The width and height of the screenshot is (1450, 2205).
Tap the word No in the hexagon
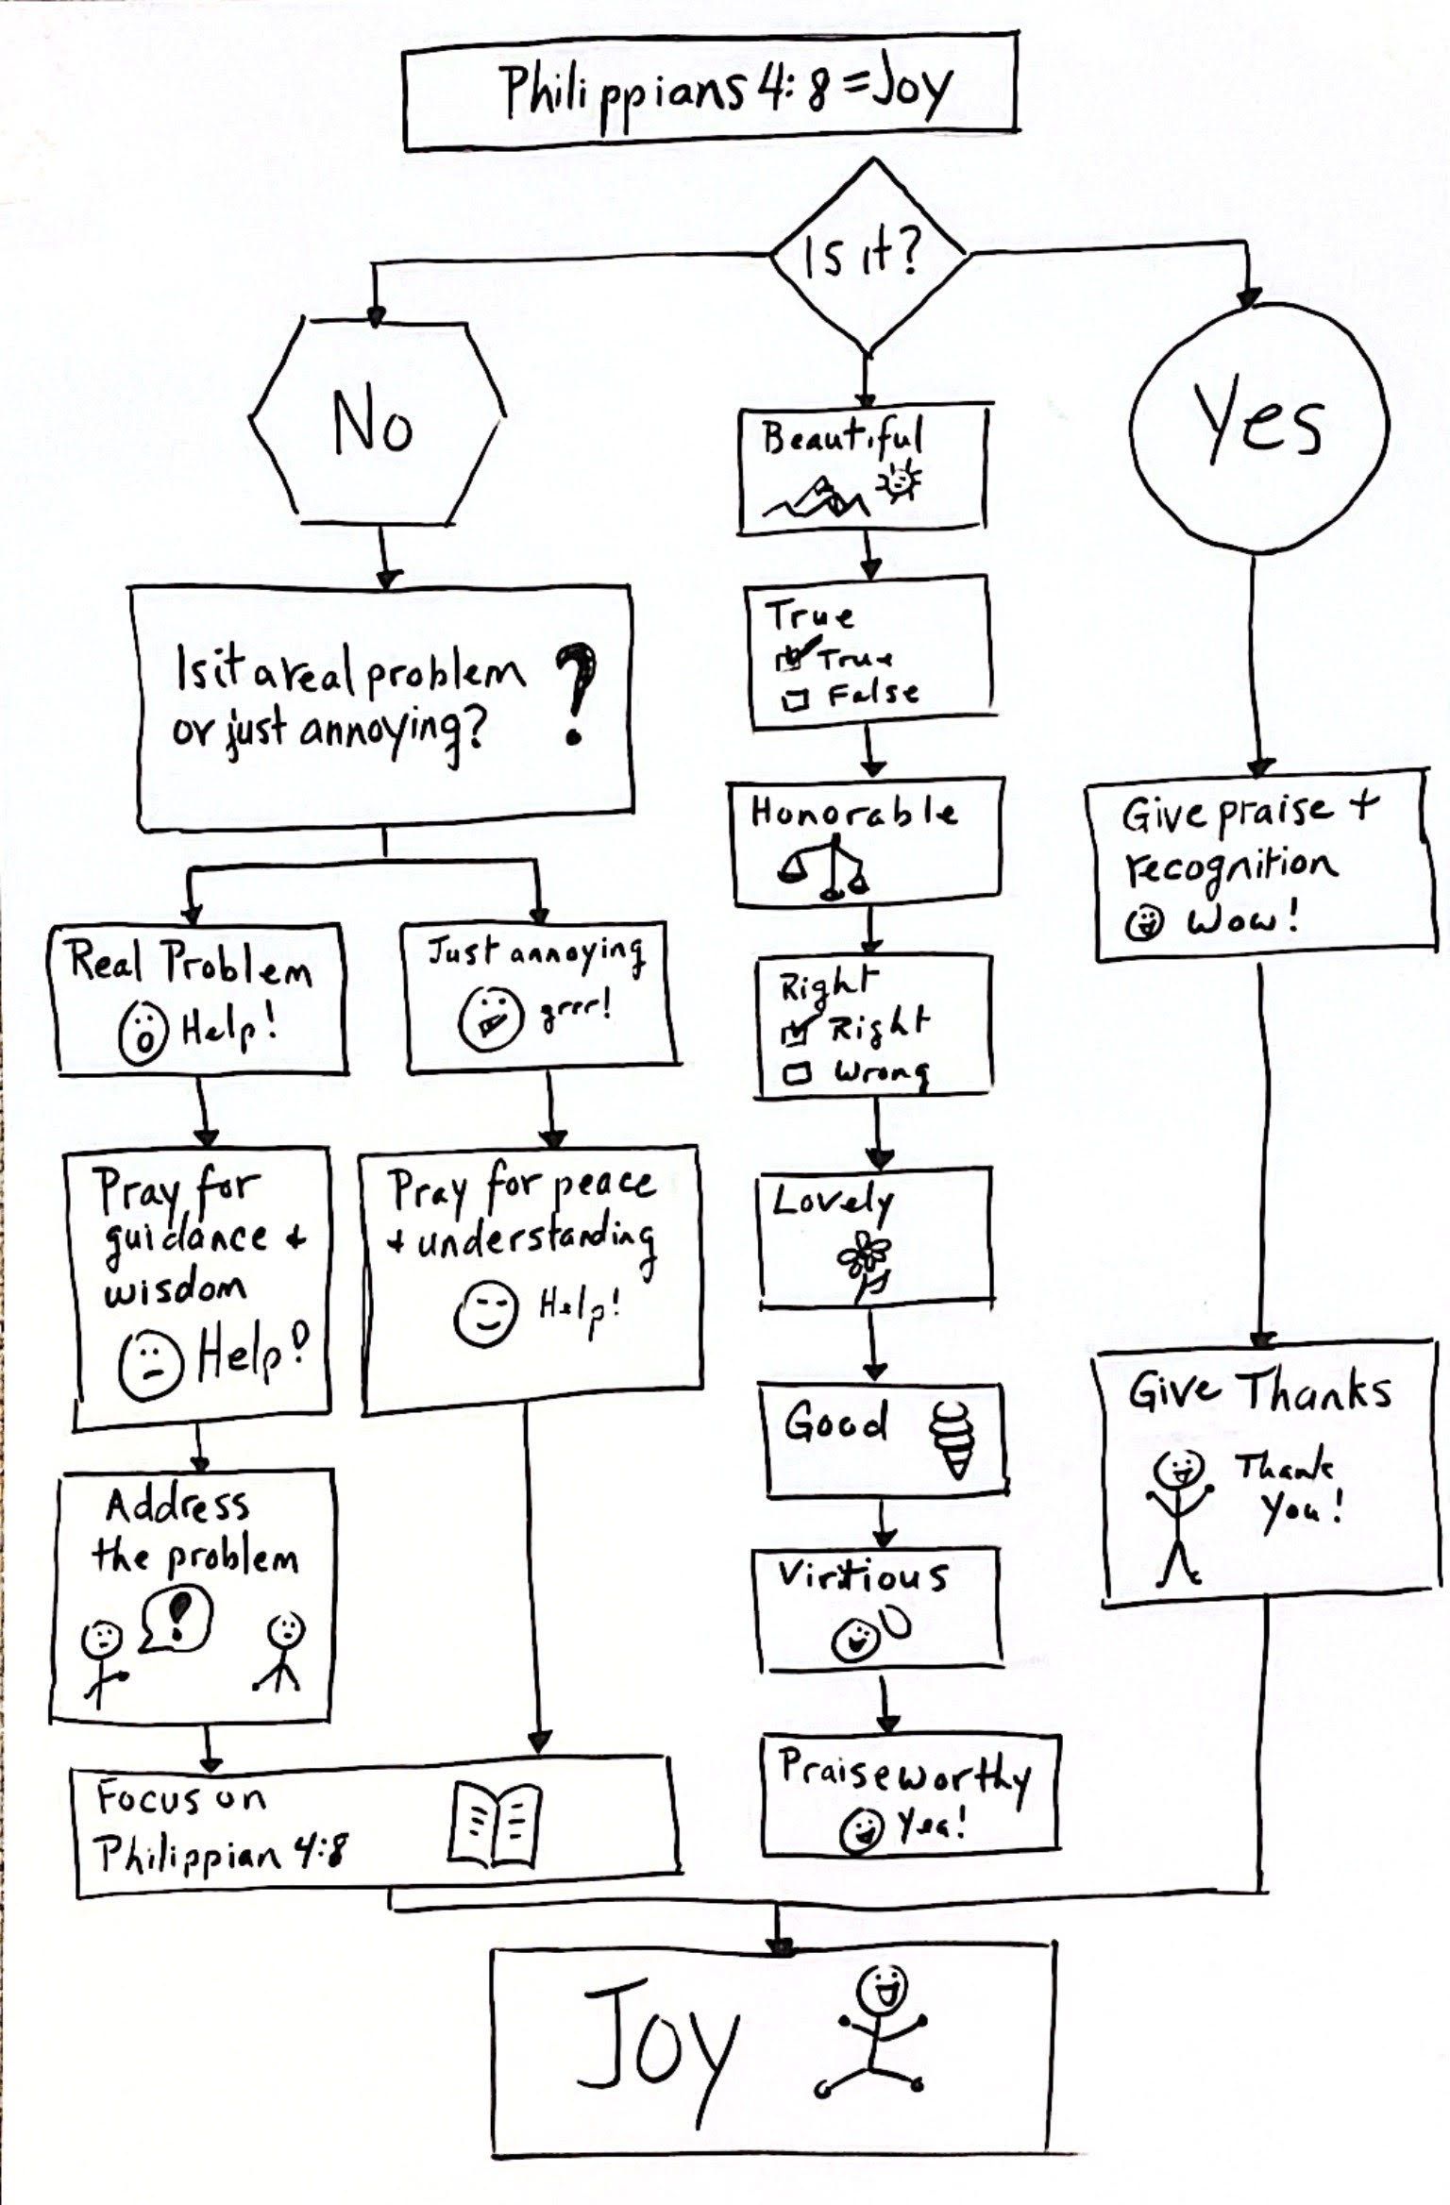[x=372, y=426]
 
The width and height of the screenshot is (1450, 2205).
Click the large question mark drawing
[x=577, y=694]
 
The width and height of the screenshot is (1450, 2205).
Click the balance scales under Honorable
[x=825, y=870]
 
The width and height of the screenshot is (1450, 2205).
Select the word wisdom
[x=175, y=1289]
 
